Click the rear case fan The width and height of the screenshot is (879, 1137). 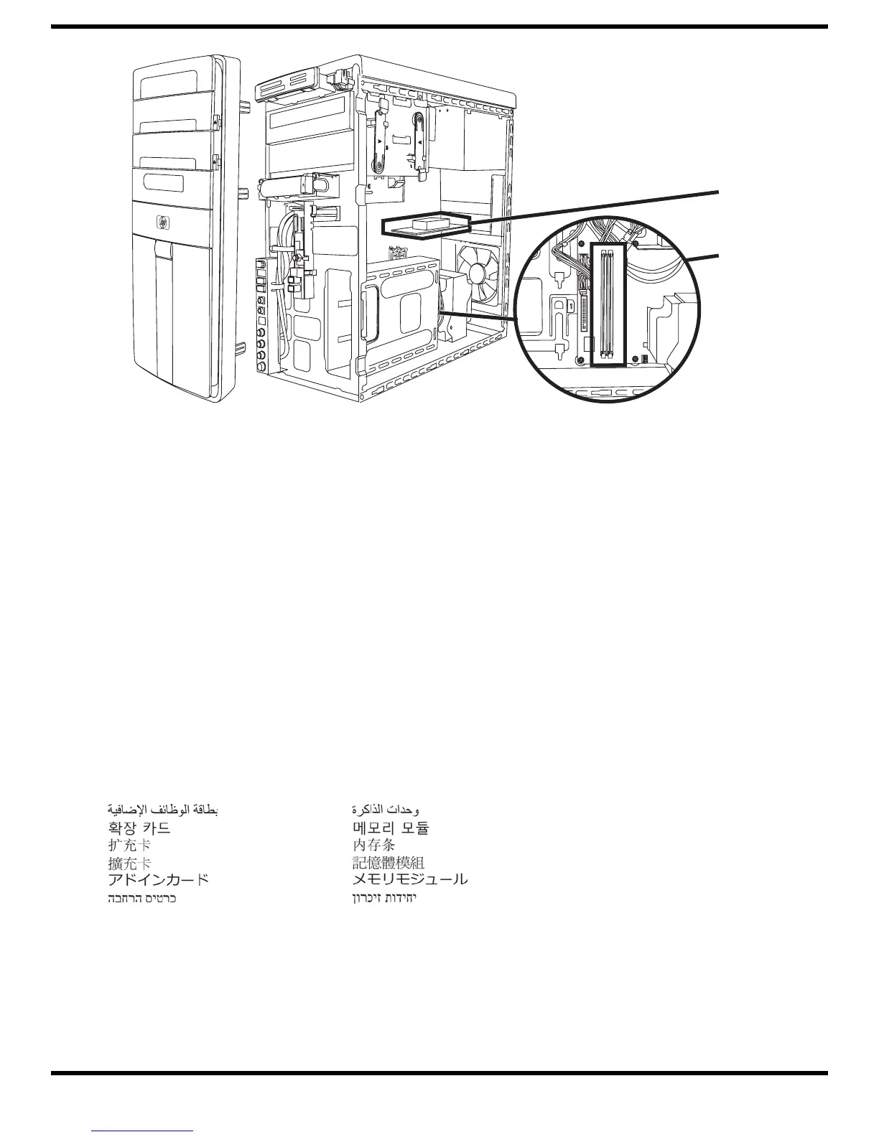[x=478, y=277]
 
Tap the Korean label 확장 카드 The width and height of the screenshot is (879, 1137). [x=139, y=828]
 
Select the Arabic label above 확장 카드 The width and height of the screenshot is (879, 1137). [x=162, y=810]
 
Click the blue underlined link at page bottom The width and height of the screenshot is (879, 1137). [x=144, y=1132]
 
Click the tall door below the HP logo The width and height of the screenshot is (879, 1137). [x=172, y=316]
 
